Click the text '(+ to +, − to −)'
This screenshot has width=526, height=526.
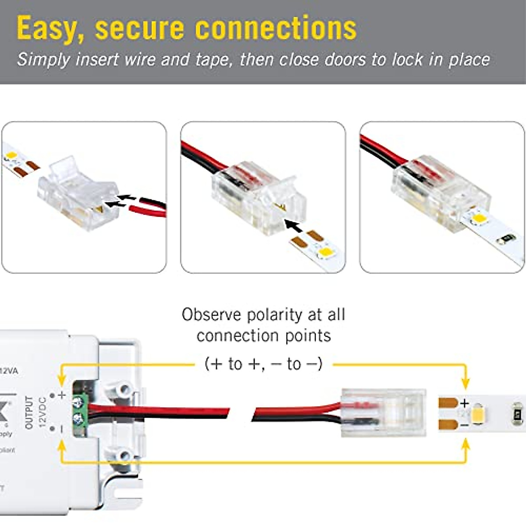[x=263, y=364]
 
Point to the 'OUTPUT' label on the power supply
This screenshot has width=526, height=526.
[x=29, y=412]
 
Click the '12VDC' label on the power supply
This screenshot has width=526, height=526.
[x=42, y=412]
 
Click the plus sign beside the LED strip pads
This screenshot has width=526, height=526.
[x=465, y=402]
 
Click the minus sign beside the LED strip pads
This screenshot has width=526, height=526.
[x=465, y=425]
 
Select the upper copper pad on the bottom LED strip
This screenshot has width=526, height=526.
[x=448, y=402]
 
